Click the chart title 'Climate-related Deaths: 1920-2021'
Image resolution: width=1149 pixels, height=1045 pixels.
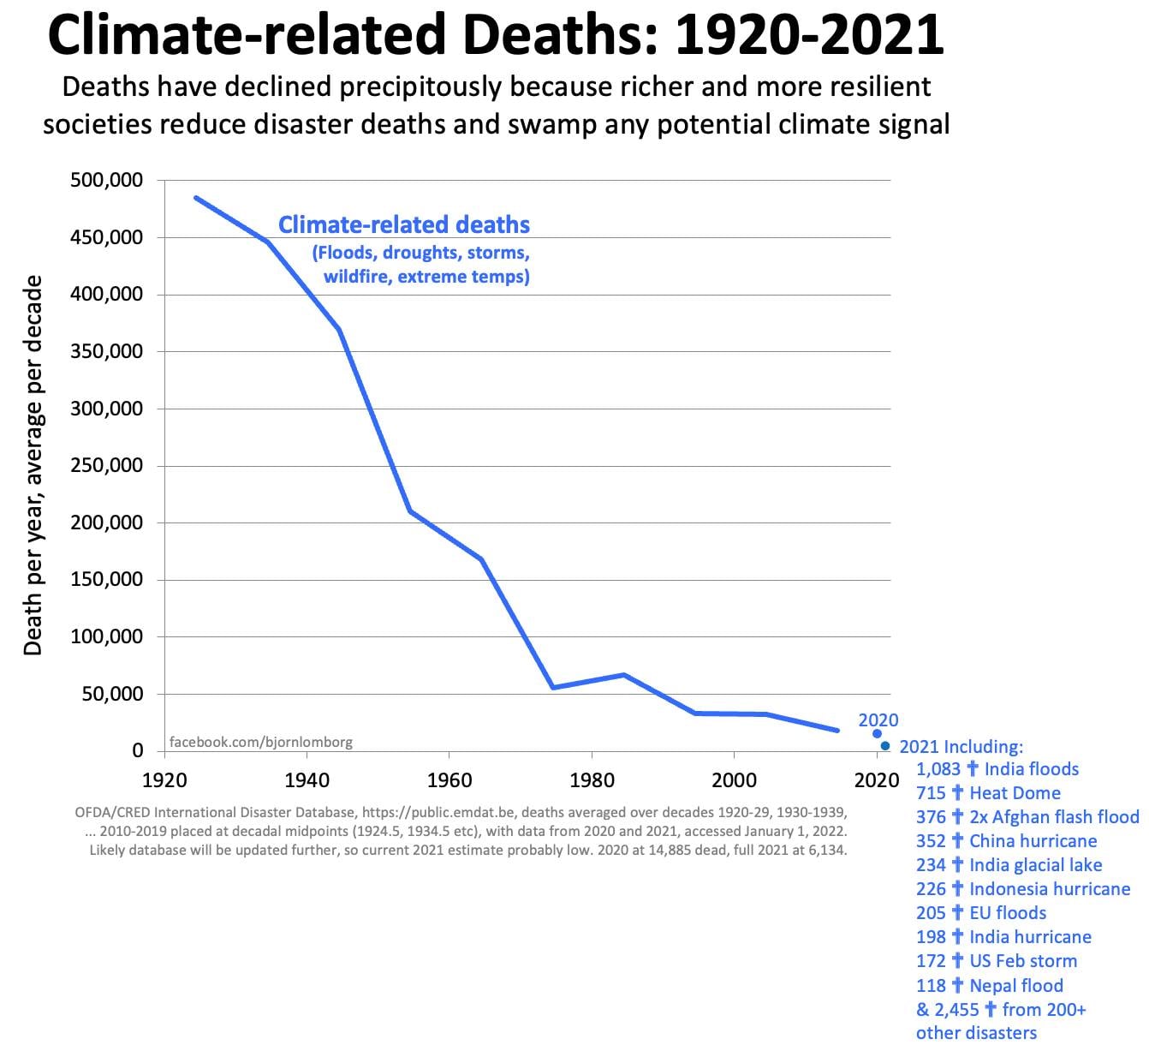(x=496, y=34)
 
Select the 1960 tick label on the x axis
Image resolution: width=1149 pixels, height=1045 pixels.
(x=449, y=779)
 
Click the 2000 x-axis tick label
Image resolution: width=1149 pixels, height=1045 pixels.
(x=734, y=779)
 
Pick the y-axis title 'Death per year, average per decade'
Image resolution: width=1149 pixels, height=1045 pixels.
(x=33, y=465)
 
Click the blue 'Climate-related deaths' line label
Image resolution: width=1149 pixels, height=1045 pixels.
(x=404, y=225)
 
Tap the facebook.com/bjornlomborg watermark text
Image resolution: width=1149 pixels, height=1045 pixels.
(x=260, y=742)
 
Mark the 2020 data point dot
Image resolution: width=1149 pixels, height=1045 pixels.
(x=877, y=733)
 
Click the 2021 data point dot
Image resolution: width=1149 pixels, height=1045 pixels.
(x=884, y=746)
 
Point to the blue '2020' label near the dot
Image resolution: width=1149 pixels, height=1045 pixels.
(x=878, y=720)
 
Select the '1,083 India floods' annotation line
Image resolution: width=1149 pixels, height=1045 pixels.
(x=997, y=769)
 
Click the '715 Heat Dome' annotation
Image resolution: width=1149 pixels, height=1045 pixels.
(x=988, y=793)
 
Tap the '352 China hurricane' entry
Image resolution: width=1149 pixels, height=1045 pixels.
(x=1006, y=841)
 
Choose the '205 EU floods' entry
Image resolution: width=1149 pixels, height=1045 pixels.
(x=981, y=913)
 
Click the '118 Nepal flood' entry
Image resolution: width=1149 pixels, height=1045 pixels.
(x=989, y=985)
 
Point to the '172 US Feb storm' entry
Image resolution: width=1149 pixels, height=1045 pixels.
(x=997, y=961)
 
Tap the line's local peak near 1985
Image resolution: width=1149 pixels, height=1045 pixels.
(x=623, y=675)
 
